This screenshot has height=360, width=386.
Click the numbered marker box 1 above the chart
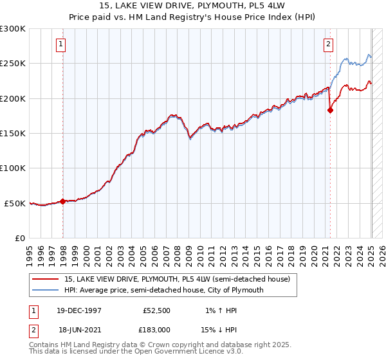click(x=60, y=44)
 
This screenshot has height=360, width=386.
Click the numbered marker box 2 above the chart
click(x=328, y=44)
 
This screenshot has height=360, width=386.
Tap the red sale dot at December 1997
click(x=62, y=201)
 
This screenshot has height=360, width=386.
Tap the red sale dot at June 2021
click(x=331, y=110)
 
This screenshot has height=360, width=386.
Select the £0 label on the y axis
click(x=19, y=238)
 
